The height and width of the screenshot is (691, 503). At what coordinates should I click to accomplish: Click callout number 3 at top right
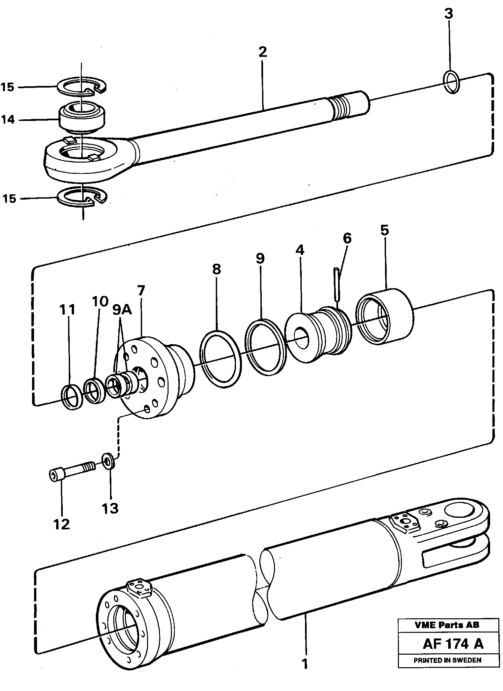click(448, 14)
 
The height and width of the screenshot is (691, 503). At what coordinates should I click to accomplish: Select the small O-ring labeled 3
click(451, 82)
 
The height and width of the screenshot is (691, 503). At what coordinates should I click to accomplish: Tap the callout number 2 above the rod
click(262, 52)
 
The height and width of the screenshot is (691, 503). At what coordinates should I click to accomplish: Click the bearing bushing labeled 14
click(81, 118)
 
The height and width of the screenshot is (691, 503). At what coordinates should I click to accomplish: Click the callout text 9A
click(122, 310)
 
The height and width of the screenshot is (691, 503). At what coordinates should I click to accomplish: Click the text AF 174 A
click(452, 644)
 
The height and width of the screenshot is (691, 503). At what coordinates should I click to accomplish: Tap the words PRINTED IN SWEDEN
click(447, 660)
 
